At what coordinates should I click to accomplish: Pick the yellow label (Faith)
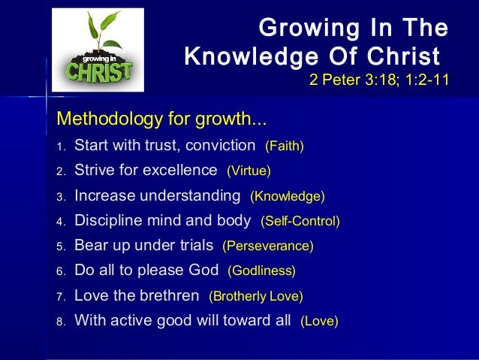pos(285,145)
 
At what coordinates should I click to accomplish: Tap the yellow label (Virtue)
pos(249,171)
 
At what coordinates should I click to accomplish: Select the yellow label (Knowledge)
pos(287,196)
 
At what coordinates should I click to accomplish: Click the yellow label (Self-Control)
pos(300,222)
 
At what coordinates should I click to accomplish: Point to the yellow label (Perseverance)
pos(268,246)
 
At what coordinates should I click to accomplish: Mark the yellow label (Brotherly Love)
pos(255,296)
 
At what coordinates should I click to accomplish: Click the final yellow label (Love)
pos(319,322)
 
